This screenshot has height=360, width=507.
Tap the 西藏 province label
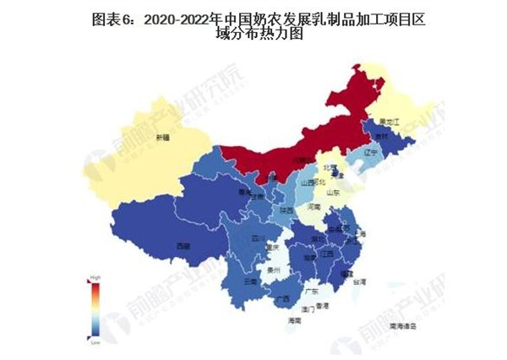pos(183,245)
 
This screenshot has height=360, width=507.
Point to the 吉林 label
pos(383,136)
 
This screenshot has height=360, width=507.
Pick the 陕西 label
pos(287,209)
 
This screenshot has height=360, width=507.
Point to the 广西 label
pos(283,297)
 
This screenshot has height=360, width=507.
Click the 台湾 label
pos(360,282)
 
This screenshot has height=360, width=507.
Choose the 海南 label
pos(293,322)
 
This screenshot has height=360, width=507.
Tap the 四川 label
pos(257,240)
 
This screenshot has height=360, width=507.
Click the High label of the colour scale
pos(96,277)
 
